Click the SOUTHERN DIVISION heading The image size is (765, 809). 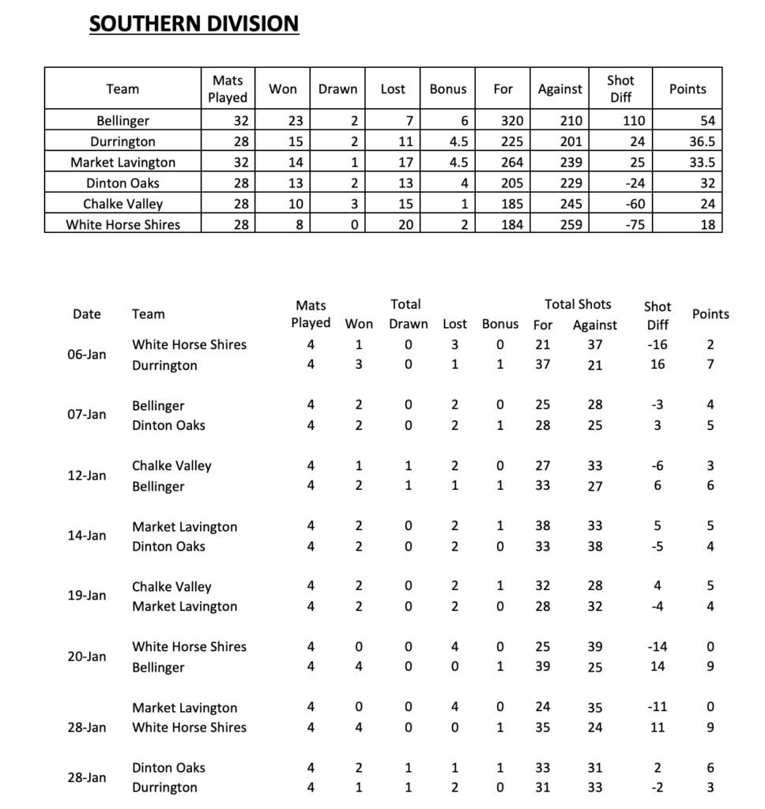[x=194, y=24]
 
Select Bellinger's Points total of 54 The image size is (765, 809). [x=707, y=121]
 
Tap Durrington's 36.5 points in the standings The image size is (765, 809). [x=702, y=141]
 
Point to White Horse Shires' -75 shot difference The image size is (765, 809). [x=633, y=224]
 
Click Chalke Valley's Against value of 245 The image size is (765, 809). [x=570, y=204]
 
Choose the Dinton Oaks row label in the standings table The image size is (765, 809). [x=122, y=182]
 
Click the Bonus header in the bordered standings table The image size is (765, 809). [x=448, y=89]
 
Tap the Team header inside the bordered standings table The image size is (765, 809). [x=122, y=89]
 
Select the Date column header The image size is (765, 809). [x=87, y=314]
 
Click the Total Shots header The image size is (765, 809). [x=578, y=304]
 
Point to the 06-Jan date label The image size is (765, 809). [x=87, y=355]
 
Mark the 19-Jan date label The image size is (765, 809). [x=87, y=596]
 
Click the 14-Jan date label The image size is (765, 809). [x=87, y=536]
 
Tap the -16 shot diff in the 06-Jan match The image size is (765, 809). [x=657, y=344]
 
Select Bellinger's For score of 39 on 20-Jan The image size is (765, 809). [x=543, y=667]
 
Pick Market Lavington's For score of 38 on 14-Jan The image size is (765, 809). [x=543, y=526]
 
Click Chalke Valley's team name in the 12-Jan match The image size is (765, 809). [x=171, y=466]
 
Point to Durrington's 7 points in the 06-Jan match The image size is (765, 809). [x=710, y=365]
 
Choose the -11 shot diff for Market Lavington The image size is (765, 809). [x=657, y=707]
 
